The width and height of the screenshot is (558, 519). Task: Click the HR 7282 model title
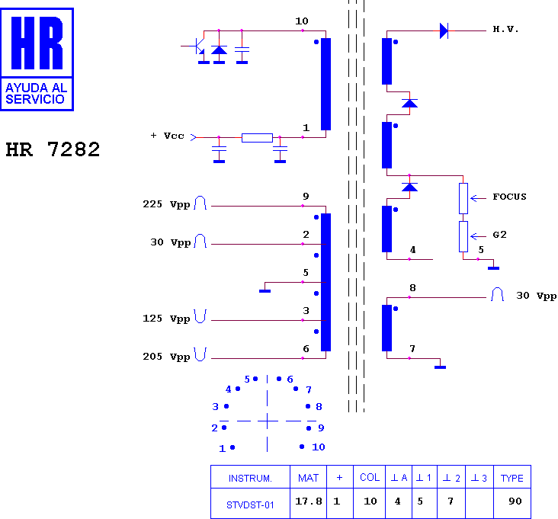point(53,149)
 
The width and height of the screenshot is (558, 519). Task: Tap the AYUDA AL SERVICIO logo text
point(37,93)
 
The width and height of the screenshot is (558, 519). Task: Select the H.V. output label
point(505,29)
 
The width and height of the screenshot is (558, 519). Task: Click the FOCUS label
point(509,197)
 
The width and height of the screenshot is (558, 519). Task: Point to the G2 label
point(499,235)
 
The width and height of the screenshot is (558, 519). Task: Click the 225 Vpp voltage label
point(166,204)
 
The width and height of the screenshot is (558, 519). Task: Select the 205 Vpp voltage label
point(166,357)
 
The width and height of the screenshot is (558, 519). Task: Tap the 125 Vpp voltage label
point(166,319)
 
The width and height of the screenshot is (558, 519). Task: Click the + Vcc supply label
point(167,136)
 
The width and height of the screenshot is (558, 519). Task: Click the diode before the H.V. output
point(444,31)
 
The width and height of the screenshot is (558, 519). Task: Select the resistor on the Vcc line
point(258,138)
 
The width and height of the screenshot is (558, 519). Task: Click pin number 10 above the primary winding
point(302,21)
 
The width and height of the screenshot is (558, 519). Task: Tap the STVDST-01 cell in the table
point(250,505)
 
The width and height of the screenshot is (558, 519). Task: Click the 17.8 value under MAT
point(309,501)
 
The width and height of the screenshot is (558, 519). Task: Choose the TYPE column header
point(511,479)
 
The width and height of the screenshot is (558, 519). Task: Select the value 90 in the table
point(515,501)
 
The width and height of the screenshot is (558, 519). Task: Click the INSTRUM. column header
point(250,479)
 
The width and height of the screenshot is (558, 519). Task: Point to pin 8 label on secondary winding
point(413,288)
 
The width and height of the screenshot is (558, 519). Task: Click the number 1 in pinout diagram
point(222,449)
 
